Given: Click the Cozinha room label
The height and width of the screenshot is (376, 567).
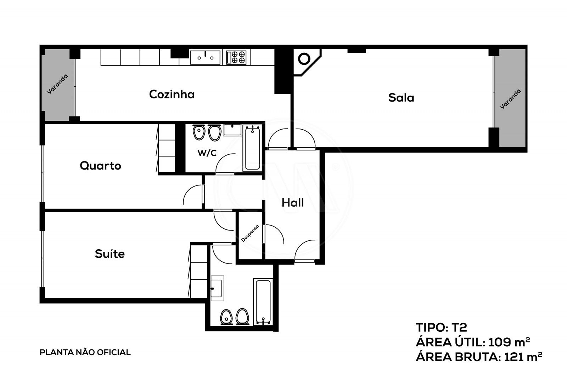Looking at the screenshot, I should tap(172, 94).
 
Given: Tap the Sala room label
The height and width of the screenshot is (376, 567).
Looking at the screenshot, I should tap(401, 97).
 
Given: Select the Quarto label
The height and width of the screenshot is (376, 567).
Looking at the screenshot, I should tap(100, 165).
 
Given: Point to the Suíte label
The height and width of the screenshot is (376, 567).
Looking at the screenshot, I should tap(110, 254).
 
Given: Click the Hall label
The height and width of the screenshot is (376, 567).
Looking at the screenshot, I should tap(293, 203).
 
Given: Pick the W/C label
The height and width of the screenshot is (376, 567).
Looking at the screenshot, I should tap(207, 153).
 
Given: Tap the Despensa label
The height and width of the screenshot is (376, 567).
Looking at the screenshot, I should tap(250, 233).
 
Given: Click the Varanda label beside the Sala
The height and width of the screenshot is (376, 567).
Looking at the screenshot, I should tap(510, 99).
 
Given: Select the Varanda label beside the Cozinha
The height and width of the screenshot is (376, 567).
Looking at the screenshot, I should tap(57, 84).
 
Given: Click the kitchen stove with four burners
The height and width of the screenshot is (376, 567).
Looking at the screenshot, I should tap(236, 57).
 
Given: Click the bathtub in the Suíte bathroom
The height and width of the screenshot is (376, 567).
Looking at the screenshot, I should tap(263, 302).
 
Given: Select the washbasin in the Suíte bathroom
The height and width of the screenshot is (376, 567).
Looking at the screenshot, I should tap(217, 288).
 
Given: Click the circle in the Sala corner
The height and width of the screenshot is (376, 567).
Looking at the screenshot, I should tap(304, 59).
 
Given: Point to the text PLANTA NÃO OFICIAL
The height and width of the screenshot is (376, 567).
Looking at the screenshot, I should tap(85, 352).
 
